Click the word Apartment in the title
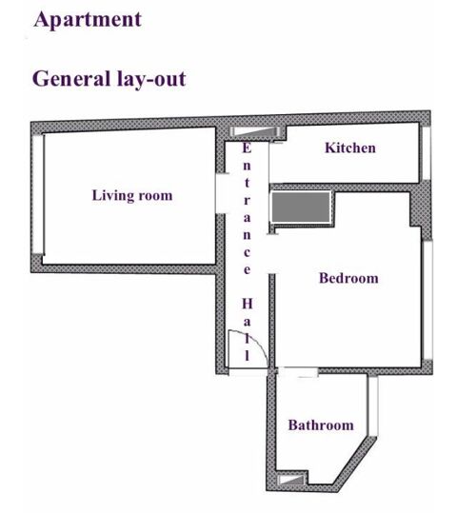[x=87, y=19]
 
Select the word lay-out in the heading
[x=151, y=78]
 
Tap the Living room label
[x=132, y=196]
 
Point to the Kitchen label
[x=350, y=148]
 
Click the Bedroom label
[x=348, y=279]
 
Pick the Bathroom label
[x=321, y=425]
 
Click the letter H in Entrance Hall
[x=247, y=304]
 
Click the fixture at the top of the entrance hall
[x=254, y=130]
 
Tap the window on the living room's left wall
[x=39, y=196]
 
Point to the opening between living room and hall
[x=221, y=196]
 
